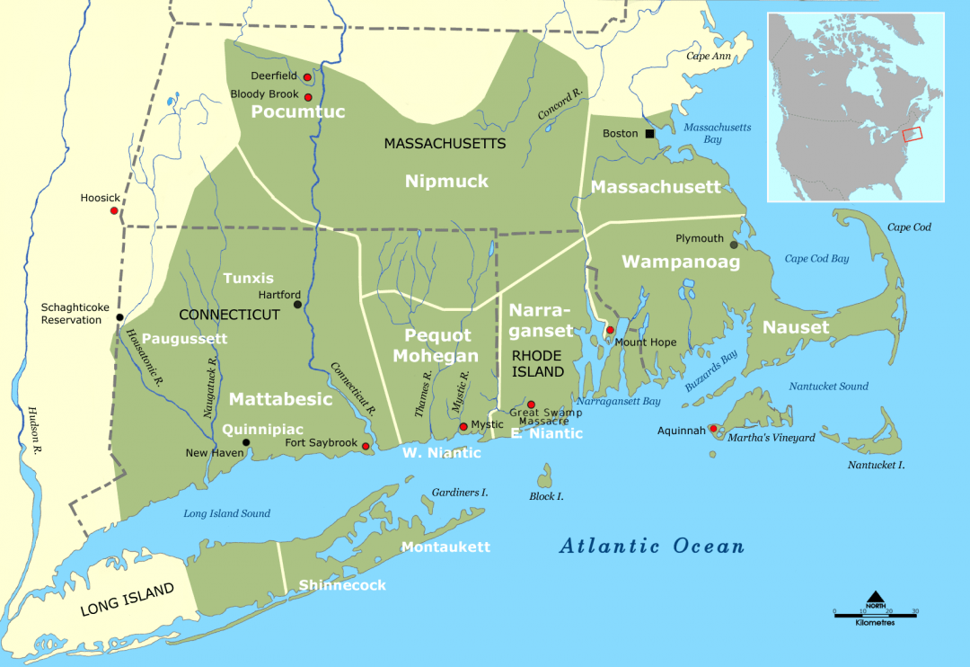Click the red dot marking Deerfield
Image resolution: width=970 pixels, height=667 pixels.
pos(307,77)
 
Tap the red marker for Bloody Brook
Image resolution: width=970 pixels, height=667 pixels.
pos(307,97)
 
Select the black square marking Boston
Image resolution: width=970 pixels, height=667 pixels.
pos(649,134)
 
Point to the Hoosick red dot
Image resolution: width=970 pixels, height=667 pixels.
pos(114,210)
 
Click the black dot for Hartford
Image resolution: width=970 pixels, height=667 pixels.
pos(298,305)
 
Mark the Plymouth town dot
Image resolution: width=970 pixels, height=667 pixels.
pos(734,245)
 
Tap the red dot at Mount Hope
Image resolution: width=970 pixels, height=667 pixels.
pos(610,331)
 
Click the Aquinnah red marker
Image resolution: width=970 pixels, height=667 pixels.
pos(713,429)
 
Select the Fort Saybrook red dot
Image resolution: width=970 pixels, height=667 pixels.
pos(366,446)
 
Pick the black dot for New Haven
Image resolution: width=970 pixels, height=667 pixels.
pos(247,442)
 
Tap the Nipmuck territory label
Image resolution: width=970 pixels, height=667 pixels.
pos(446,182)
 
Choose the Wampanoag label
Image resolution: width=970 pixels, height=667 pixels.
pos(681,262)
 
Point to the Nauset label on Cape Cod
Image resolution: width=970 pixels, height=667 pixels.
pos(796,328)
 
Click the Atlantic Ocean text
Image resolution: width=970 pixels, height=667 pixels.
pos(652,546)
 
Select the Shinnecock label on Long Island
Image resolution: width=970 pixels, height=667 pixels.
pos(342,585)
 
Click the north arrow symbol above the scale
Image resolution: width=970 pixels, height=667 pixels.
pos(876,599)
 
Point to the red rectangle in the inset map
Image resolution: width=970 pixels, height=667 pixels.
pos(912,134)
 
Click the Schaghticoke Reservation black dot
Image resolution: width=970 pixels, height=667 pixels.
pos(119,317)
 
